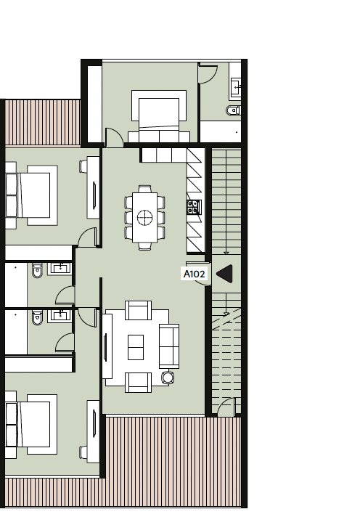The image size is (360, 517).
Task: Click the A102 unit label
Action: pos(195,274)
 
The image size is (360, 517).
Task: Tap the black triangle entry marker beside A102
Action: pos(225,274)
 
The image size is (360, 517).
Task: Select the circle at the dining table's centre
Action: pos(144,218)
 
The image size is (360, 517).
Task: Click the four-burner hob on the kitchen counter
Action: pos(194,208)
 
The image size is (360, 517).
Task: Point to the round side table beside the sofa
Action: pos(168,377)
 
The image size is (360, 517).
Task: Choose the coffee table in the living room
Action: pos(136,347)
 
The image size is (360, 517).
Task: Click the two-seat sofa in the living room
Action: pos(169,346)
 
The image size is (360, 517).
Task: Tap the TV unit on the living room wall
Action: pos(107,346)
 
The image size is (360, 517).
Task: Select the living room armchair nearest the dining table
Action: pos(138,310)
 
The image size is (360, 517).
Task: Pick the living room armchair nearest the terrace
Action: pos(138,383)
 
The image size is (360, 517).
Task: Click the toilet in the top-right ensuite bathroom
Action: pos(234,110)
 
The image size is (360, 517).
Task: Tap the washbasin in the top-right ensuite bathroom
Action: pos(236,87)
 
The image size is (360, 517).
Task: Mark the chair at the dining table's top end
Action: pos(144,189)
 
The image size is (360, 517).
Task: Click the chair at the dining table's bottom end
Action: pos(144,246)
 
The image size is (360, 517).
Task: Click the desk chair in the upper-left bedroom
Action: pos(83,166)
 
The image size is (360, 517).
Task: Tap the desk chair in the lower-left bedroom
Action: pos(83,452)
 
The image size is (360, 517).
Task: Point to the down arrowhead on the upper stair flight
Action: pos(226,253)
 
